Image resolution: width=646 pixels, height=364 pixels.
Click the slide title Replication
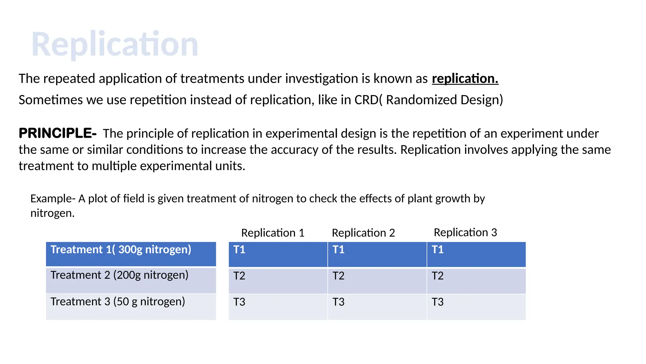click(x=115, y=44)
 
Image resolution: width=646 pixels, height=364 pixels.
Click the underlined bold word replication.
click(x=465, y=79)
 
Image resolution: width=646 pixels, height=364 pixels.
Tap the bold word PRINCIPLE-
click(x=58, y=133)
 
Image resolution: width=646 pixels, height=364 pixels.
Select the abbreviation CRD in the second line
click(x=366, y=100)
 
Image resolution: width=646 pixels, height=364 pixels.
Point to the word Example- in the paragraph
click(x=53, y=199)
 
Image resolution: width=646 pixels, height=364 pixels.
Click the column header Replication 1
click(x=273, y=233)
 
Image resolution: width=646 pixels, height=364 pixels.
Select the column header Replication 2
click(x=363, y=233)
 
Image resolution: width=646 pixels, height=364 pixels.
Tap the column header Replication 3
click(x=465, y=233)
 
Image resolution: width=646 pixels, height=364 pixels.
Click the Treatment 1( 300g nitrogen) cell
click(x=131, y=254)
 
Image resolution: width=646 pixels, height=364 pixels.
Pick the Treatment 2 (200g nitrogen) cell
click(x=131, y=280)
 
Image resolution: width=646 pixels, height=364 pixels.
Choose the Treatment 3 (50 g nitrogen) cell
click(x=131, y=306)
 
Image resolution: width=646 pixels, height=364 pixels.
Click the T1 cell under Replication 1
click(x=278, y=254)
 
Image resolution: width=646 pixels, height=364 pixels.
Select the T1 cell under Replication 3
click(x=476, y=254)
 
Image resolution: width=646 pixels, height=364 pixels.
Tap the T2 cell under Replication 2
click(x=377, y=280)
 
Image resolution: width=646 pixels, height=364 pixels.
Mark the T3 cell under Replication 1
click(x=278, y=306)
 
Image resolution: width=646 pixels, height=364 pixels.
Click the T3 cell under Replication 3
click(x=476, y=306)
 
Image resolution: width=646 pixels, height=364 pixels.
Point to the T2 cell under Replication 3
click(x=476, y=280)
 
